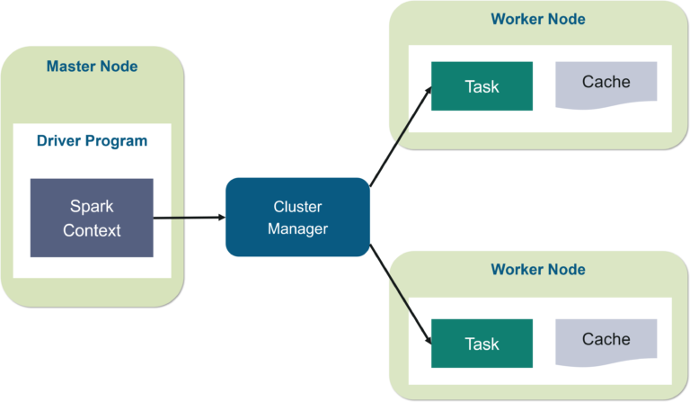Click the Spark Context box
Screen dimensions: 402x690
[x=92, y=218]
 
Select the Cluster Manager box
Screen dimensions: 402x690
[x=297, y=217]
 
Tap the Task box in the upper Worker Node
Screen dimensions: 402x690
[x=482, y=86]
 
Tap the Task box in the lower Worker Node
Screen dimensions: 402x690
[x=482, y=344]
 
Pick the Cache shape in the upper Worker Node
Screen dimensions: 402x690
[x=606, y=83]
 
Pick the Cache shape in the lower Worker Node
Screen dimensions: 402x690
[x=606, y=340]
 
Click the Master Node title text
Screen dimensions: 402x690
[x=92, y=67]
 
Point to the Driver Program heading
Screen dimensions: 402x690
[x=92, y=141]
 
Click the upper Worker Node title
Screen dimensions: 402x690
[x=537, y=19]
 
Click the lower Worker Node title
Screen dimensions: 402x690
[x=537, y=269]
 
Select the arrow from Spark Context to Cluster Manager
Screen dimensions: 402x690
[x=189, y=218]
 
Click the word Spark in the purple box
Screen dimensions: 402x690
[x=92, y=207]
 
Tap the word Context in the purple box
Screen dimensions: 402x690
[x=92, y=230]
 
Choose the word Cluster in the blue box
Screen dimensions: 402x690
[x=297, y=207]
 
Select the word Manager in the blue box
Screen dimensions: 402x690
[x=297, y=229]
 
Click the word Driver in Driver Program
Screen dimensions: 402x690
[x=59, y=141]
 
